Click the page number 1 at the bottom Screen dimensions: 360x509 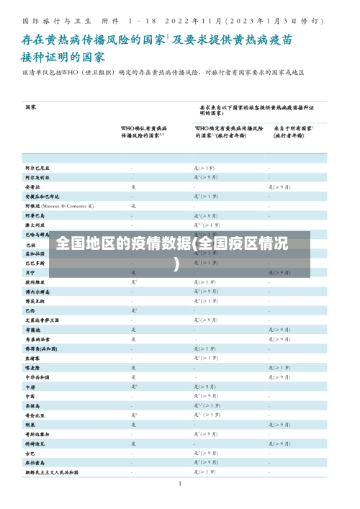click(180, 483)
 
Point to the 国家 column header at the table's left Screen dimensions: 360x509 click(31, 107)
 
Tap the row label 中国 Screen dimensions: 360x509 click(31, 396)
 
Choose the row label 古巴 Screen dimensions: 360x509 click(31, 454)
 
